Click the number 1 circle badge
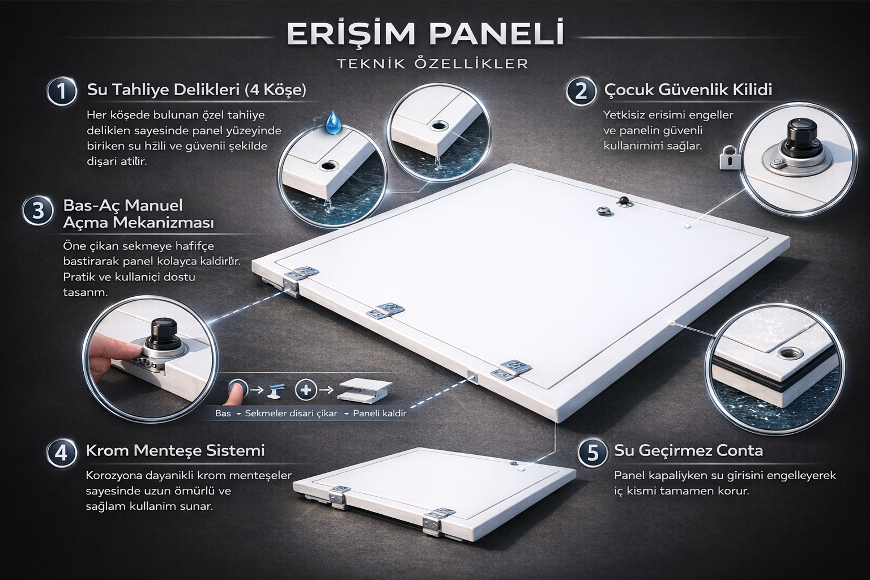[61, 91]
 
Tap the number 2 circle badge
[581, 91]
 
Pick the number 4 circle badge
[61, 453]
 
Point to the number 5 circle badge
[592, 453]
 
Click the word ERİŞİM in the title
[352, 34]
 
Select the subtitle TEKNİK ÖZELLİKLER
[432, 63]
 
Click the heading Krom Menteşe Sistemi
[175, 451]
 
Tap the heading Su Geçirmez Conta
[688, 451]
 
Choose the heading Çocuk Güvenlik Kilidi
[688, 89]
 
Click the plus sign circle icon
[306, 389]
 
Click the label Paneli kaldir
[379, 413]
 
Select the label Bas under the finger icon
[223, 413]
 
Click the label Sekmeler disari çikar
[291, 413]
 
